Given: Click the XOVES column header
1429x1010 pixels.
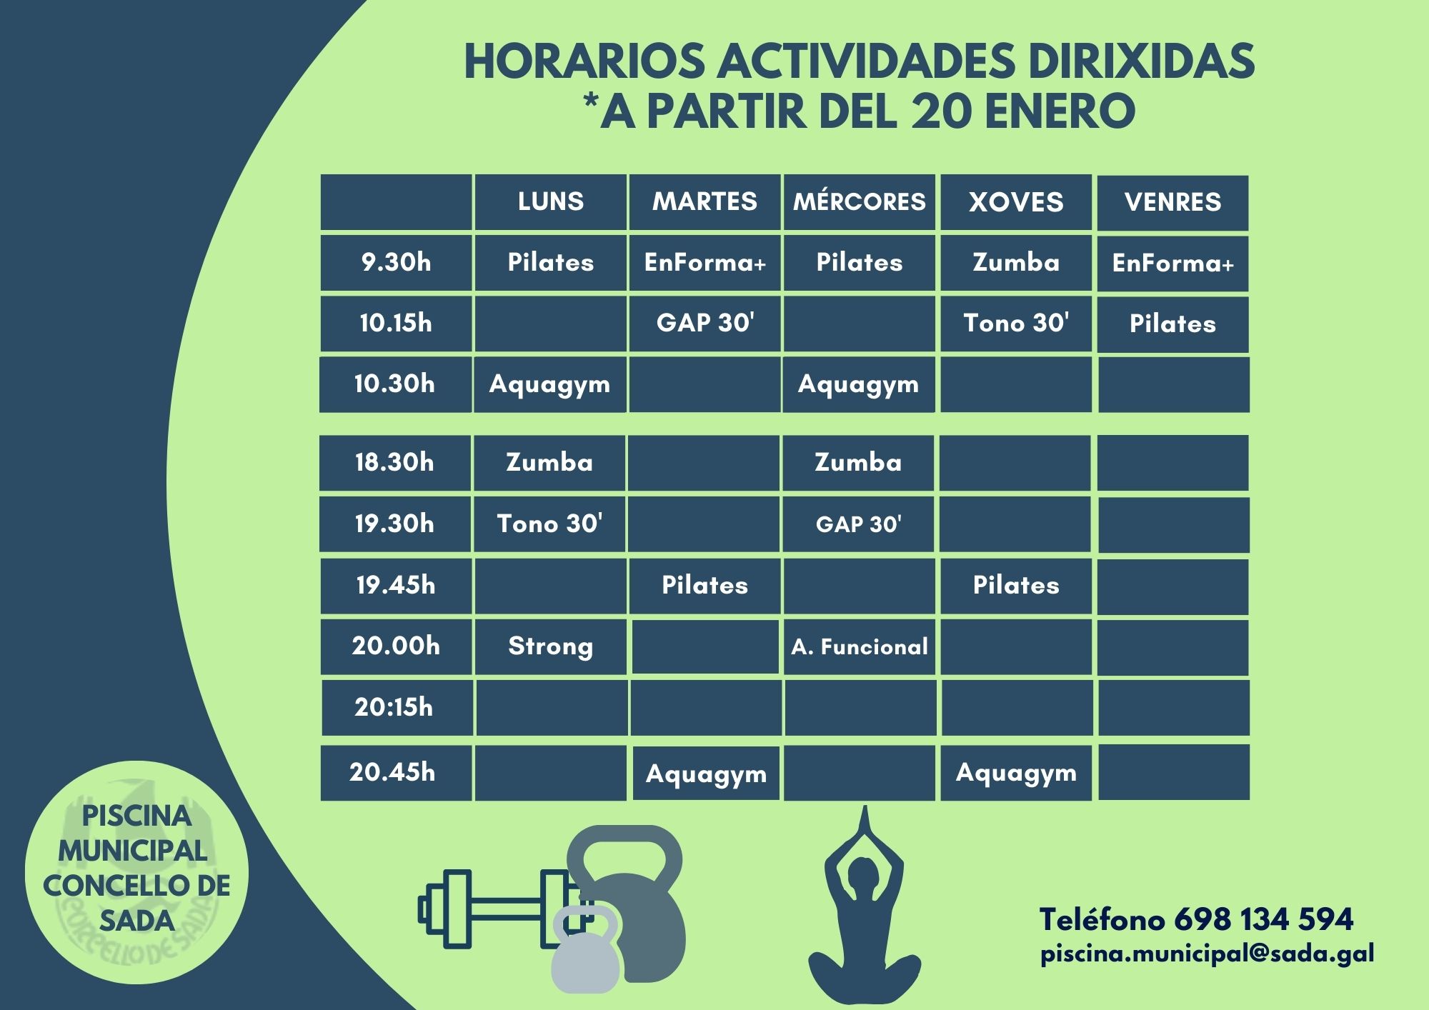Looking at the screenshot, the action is (1016, 202).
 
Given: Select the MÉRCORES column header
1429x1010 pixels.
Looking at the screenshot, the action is (859, 201).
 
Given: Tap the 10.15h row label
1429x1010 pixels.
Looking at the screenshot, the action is (396, 323).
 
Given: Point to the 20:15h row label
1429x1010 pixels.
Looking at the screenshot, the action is (394, 707).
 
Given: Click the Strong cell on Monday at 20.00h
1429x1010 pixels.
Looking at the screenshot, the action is (550, 646).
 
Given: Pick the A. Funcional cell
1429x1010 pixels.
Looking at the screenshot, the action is (860, 647).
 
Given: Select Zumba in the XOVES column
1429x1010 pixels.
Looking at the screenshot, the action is (1016, 262).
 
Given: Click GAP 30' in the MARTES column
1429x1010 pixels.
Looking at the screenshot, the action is (705, 323).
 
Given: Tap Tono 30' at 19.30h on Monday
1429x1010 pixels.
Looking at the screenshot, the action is (549, 524).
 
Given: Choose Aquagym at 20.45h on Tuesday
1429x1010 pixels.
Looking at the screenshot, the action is (706, 774).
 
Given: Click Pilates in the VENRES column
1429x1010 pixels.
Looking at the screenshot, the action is (1172, 324).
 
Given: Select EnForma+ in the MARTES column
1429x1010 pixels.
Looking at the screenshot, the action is (705, 262).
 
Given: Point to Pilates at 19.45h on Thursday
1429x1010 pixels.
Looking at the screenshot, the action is (1016, 585).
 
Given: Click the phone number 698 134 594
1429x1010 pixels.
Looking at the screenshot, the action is (1263, 919).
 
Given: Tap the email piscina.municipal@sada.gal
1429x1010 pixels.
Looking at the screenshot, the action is (1208, 954).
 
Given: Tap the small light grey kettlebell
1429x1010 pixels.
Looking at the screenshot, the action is (585, 950).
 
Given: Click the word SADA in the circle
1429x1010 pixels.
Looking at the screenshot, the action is (136, 921).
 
